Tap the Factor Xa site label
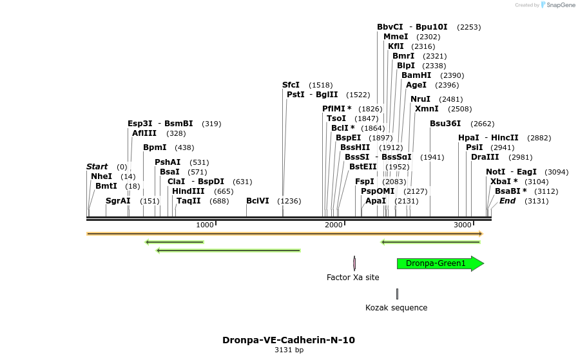point(352,278)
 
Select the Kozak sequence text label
point(396,308)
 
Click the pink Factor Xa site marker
point(354,263)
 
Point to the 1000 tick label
point(204,225)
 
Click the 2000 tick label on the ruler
point(334,225)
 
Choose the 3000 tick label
point(463,225)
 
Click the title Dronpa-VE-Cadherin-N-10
point(289,340)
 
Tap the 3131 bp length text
point(289,350)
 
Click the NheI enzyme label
point(101,176)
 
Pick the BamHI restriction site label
point(416,75)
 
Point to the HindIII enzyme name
point(188,191)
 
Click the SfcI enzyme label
point(291,85)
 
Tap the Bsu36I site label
point(445,124)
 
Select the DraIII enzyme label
point(485,157)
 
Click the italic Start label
point(97,167)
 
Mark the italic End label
point(507,201)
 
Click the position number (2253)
point(468,27)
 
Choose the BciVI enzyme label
point(258,201)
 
